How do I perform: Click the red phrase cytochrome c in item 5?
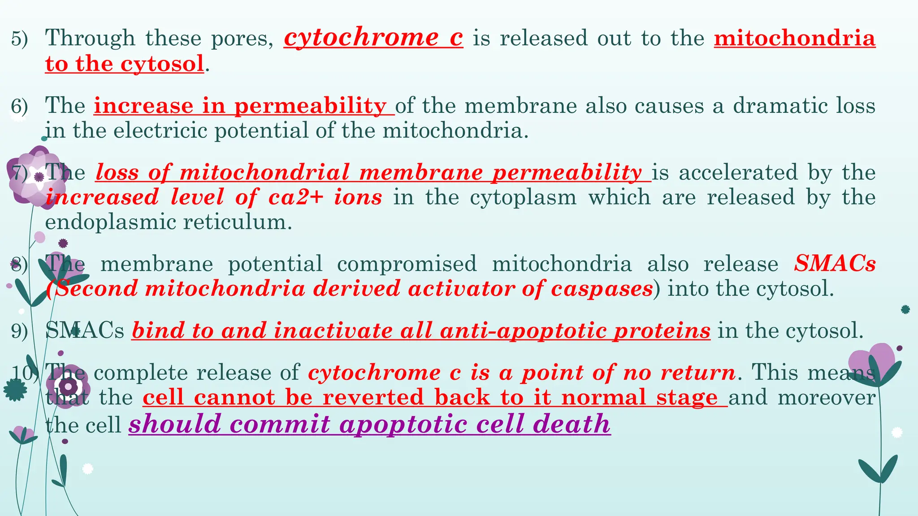pyautogui.click(x=373, y=38)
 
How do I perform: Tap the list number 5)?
pyautogui.click(x=19, y=39)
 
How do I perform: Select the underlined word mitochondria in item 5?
pyautogui.click(x=794, y=38)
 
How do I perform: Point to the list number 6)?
pyautogui.click(x=19, y=107)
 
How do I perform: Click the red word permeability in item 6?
pyautogui.click(x=310, y=106)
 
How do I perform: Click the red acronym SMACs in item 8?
pyautogui.click(x=835, y=264)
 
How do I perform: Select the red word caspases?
pyautogui.click(x=602, y=288)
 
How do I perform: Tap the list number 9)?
pyautogui.click(x=19, y=331)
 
